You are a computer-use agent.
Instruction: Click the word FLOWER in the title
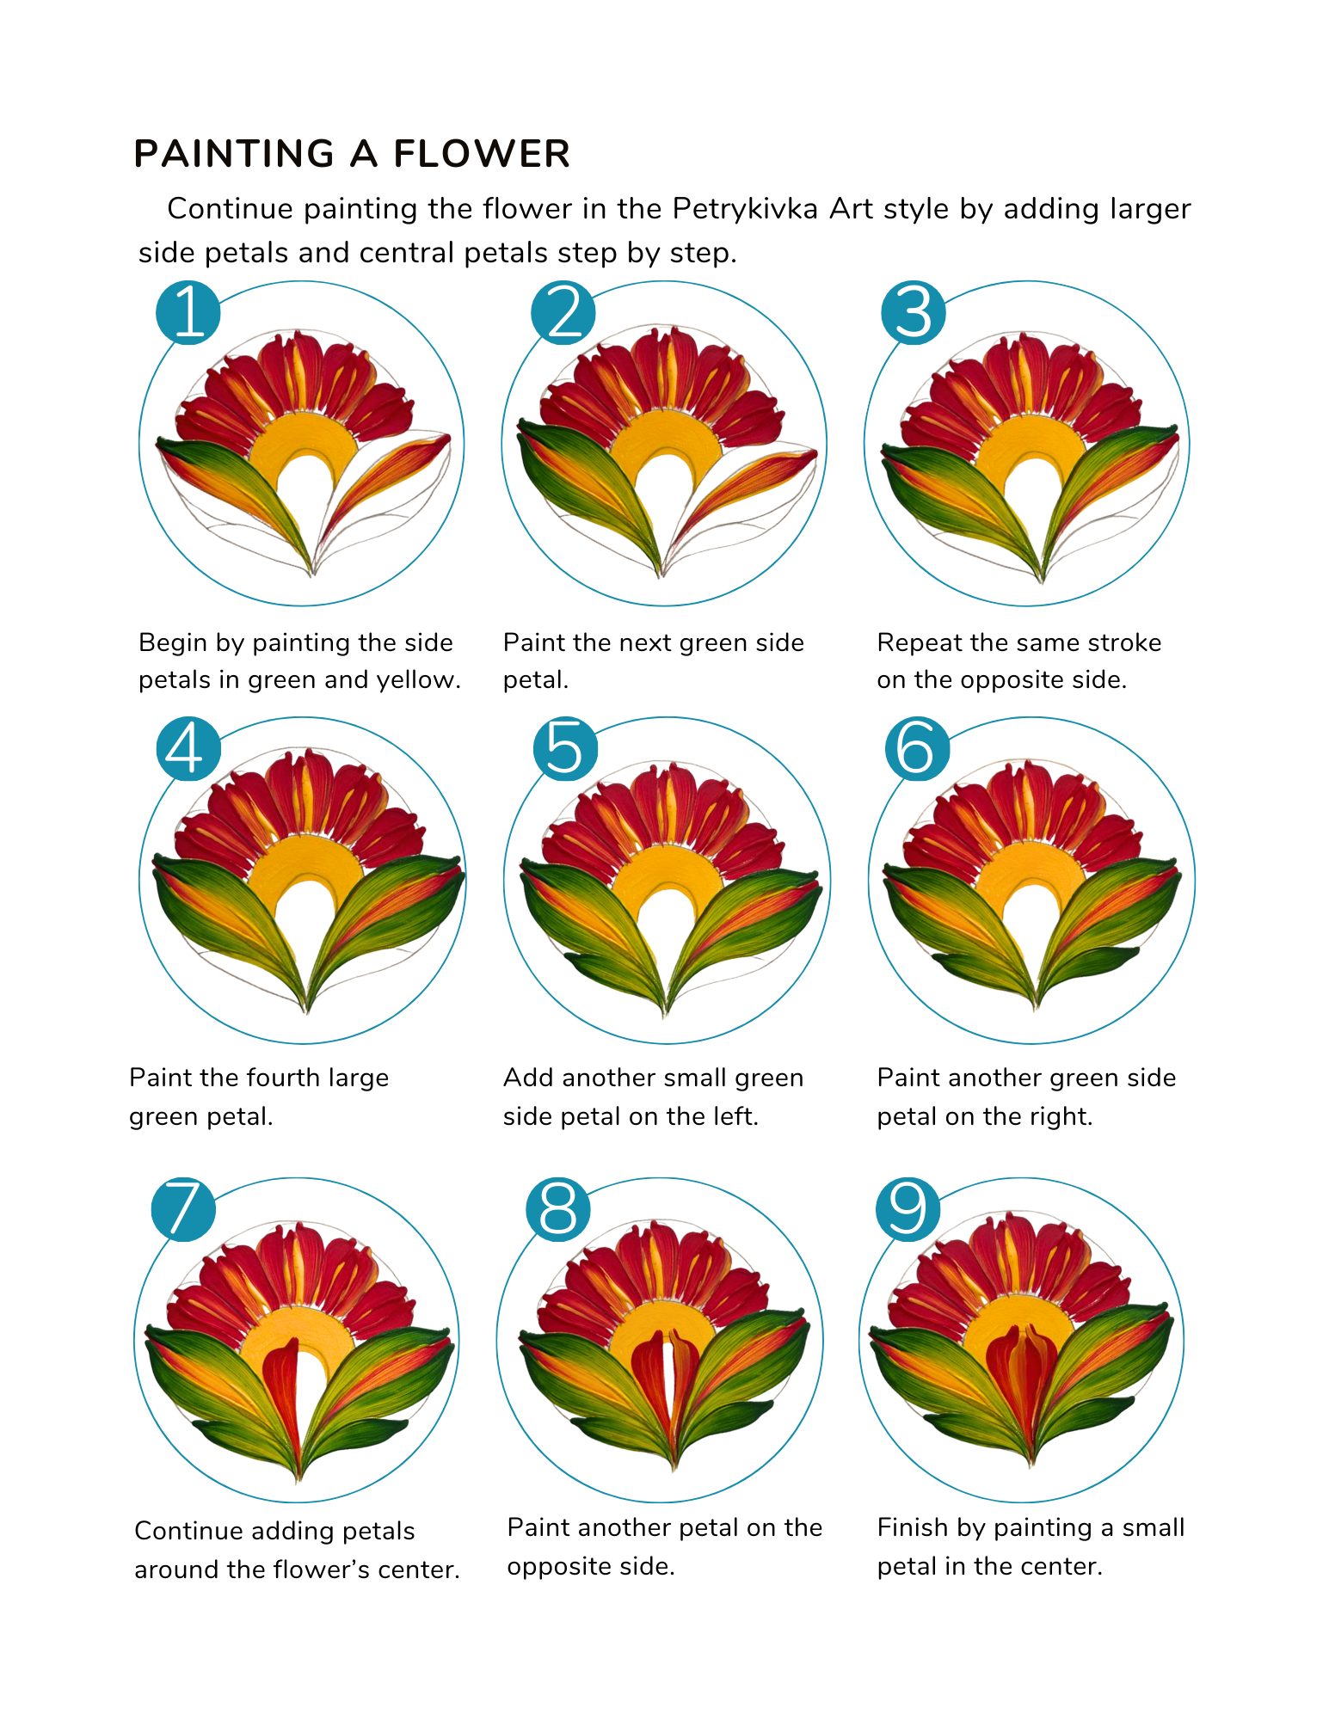tap(482, 154)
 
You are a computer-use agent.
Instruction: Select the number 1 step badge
tap(188, 312)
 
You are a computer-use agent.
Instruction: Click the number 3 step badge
tap(914, 312)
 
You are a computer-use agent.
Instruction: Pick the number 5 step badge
tap(565, 748)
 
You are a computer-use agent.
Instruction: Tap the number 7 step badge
tap(183, 1208)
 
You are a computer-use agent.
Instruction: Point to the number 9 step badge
tap(908, 1208)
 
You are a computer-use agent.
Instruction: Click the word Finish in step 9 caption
tap(914, 1527)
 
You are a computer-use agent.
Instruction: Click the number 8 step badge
tap(558, 1208)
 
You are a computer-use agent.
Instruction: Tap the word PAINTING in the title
tap(234, 154)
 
